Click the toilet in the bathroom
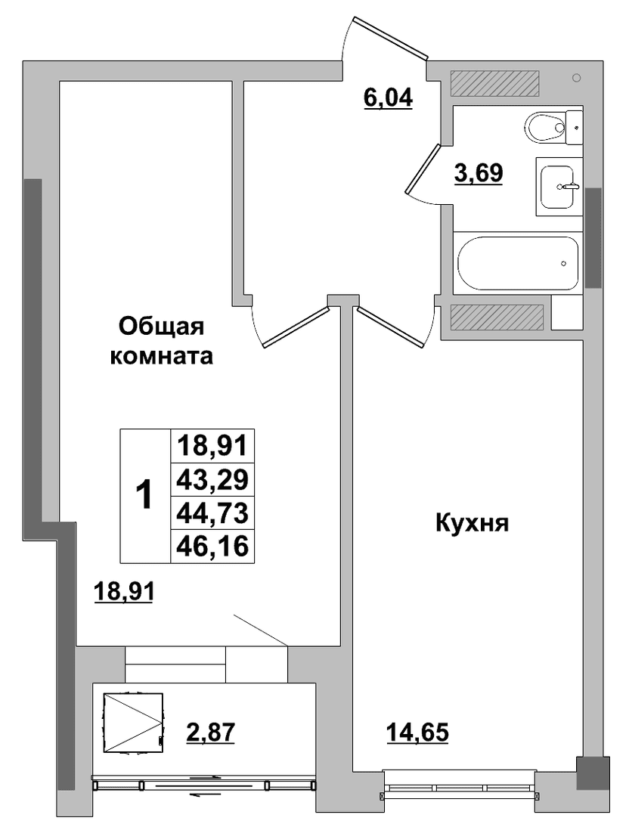click(553, 127)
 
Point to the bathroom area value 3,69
click(479, 172)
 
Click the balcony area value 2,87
click(210, 732)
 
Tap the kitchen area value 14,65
click(417, 732)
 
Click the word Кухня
click(472, 525)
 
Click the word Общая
click(161, 327)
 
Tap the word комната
click(161, 357)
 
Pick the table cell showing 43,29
click(212, 480)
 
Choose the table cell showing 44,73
click(212, 513)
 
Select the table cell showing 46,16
click(212, 545)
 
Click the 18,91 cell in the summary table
click(212, 447)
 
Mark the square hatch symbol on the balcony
click(133, 721)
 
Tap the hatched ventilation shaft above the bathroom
click(494, 83)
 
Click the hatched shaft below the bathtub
click(497, 317)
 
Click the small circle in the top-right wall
click(576, 78)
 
